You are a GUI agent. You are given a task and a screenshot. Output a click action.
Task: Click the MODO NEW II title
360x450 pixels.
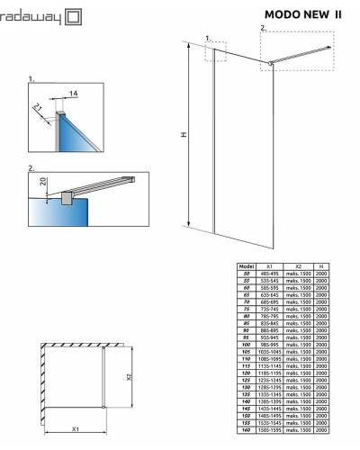click(303, 14)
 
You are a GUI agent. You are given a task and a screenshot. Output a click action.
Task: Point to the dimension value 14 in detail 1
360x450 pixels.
click(74, 93)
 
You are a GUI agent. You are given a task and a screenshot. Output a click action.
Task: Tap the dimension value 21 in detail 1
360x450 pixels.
click(38, 107)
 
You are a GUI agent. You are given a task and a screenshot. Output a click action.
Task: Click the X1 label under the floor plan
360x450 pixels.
click(74, 428)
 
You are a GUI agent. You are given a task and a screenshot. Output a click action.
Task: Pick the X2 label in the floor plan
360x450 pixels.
click(129, 377)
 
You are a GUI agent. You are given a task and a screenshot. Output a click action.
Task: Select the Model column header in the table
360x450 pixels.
click(245, 266)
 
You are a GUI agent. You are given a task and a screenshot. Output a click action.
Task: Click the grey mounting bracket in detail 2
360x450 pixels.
click(65, 196)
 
